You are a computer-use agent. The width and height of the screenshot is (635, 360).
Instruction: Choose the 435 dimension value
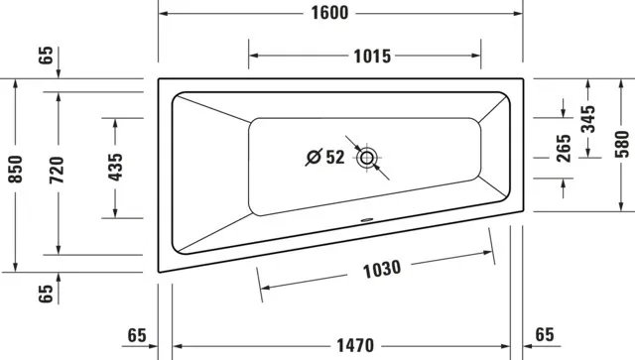116,169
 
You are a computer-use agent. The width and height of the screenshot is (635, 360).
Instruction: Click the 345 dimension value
588,120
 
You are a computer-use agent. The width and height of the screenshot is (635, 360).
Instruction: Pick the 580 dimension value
621,146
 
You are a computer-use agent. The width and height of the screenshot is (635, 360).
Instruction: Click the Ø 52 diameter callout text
323,157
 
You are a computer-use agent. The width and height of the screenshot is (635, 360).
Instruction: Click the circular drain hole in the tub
368,157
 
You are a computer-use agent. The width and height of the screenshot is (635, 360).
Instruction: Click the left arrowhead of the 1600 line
165,13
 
